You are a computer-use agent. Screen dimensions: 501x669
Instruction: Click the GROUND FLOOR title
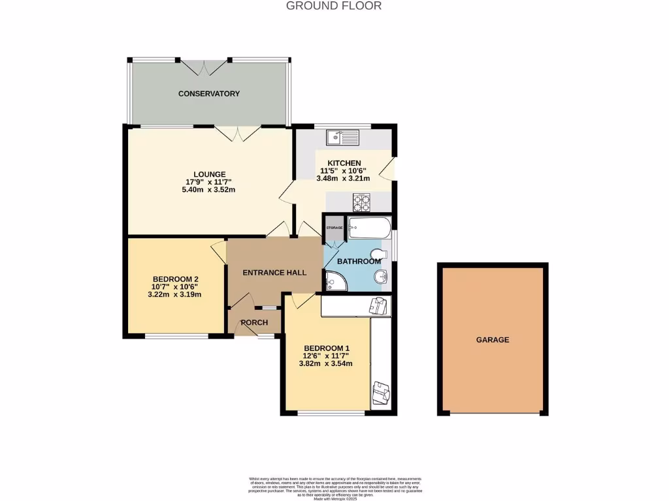[334, 6]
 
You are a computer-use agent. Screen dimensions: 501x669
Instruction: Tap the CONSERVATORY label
[209, 94]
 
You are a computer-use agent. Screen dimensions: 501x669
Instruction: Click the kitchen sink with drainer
[343, 138]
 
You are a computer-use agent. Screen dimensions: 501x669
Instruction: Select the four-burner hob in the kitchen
[362, 202]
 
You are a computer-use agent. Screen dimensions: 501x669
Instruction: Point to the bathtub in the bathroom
[369, 229]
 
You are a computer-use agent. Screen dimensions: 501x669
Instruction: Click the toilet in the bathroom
[378, 254]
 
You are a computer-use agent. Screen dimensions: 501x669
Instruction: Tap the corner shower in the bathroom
[334, 282]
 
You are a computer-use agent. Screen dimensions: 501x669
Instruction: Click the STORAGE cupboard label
[334, 228]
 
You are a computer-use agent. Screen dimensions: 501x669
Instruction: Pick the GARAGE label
[493, 340]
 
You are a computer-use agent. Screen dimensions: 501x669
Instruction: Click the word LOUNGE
[209, 174]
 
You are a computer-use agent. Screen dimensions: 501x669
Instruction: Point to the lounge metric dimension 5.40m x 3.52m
[208, 190]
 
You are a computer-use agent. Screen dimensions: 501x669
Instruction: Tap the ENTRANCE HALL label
[274, 272]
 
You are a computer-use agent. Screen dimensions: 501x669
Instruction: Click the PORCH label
[255, 323]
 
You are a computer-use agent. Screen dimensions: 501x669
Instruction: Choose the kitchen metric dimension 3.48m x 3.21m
[344, 178]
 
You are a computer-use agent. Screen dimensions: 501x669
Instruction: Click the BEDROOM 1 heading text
[326, 348]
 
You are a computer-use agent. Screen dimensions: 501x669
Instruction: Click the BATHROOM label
[359, 262]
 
